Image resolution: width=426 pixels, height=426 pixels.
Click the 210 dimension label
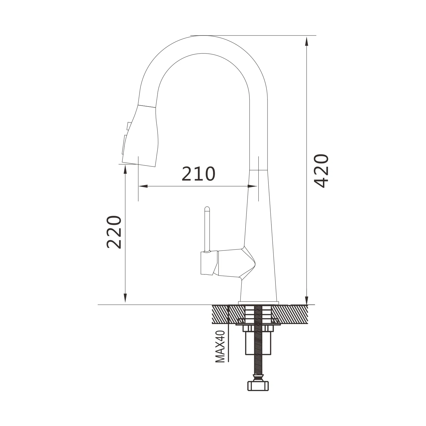click(x=198, y=174)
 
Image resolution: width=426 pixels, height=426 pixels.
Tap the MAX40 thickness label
click(x=220, y=346)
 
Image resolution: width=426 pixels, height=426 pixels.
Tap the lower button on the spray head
click(x=124, y=144)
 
